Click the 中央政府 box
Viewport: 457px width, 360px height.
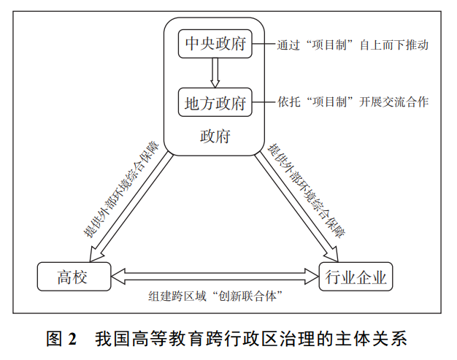pyautogui.click(x=215, y=44)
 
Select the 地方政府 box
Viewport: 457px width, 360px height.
pyautogui.click(x=215, y=102)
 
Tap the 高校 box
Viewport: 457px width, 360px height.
pyautogui.click(x=74, y=277)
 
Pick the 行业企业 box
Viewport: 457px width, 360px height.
pyautogui.click(x=356, y=277)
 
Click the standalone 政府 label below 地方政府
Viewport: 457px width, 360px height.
pyautogui.click(x=215, y=136)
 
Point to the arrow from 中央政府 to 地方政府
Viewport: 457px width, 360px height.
pyautogui.click(x=215, y=73)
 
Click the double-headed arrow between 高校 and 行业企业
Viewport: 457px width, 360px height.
pyautogui.click(x=215, y=276)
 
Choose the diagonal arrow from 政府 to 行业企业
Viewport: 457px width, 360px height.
pyautogui.click(x=297, y=208)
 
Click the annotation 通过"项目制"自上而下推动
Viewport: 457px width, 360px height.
pyautogui.click(x=353, y=45)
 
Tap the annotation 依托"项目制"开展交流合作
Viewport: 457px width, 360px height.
pyautogui.click(x=353, y=102)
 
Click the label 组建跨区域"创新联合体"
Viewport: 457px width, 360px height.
pyautogui.click(x=215, y=296)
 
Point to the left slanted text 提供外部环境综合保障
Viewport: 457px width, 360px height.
pyautogui.click(x=121, y=189)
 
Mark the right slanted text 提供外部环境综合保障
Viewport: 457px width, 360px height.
pyautogui.click(x=307, y=191)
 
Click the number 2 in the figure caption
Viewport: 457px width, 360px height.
pyautogui.click(x=72, y=339)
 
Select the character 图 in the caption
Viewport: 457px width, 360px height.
pyautogui.click(x=55, y=339)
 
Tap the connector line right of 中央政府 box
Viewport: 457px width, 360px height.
pyautogui.click(x=264, y=45)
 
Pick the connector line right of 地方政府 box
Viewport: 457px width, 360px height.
pyautogui.click(x=264, y=102)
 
